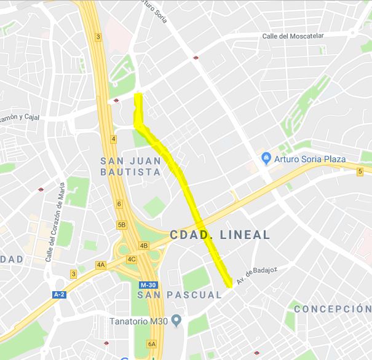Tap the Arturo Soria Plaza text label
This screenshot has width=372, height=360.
coord(310,159)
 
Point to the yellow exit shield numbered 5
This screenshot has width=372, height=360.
coord(360,171)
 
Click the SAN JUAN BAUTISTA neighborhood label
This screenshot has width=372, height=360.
coord(130,166)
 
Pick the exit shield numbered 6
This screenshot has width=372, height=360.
coord(119,204)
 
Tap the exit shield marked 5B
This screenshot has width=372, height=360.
coord(122,224)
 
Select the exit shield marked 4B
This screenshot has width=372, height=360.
coord(144,246)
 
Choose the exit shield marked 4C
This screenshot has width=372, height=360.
coord(131,259)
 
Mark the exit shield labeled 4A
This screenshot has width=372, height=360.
coord(101,265)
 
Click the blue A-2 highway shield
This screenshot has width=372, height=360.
coord(60,294)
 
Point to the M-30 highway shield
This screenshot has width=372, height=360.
coord(148,286)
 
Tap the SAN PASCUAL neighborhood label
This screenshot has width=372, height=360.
coord(180,295)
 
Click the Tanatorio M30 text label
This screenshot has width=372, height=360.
coord(139,320)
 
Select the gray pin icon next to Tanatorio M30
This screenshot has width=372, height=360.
coord(176,320)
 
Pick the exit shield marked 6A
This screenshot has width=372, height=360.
coord(152,344)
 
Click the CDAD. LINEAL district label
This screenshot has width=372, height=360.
coord(220,235)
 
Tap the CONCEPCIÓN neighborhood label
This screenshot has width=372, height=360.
coord(333,309)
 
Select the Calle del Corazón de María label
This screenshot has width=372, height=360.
coord(53,224)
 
